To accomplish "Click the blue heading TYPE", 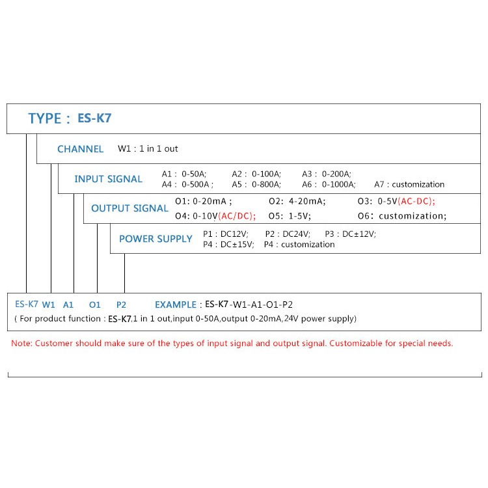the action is point(45,118).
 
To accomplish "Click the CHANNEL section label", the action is point(80,149).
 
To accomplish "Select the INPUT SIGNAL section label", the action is point(108,179).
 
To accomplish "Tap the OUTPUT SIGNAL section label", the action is point(129,208).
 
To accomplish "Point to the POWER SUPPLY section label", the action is point(156,239).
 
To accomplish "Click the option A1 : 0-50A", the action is point(184,174).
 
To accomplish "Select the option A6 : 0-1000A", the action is point(329,185).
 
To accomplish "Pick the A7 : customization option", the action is point(409,185).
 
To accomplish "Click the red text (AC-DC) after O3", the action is point(416,201).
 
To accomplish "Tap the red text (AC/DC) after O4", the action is point(237,216).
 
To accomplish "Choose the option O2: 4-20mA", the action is point(297,201).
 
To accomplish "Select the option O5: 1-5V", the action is point(290,216).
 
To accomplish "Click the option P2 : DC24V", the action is point(288,234).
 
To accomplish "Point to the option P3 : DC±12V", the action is point(351,234).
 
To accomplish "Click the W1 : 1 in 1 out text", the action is point(148,149).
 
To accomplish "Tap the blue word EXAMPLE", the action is point(176,305).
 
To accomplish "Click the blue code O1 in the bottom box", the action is point(94,305).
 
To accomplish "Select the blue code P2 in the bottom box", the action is point(121,305).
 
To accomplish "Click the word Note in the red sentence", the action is point(21,344).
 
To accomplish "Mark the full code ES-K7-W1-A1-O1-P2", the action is point(249,305).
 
